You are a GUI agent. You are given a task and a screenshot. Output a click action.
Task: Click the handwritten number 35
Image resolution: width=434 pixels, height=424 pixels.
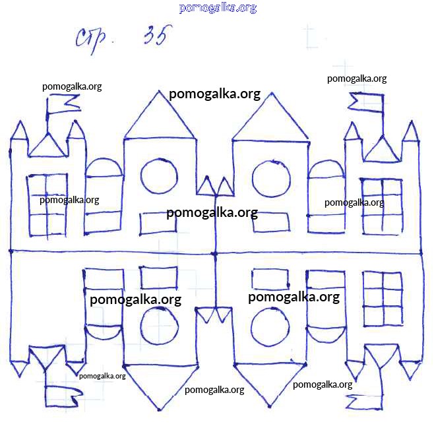pos(157,36)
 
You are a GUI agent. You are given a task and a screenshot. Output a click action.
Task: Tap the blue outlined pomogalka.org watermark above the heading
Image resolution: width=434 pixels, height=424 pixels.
pos(218,8)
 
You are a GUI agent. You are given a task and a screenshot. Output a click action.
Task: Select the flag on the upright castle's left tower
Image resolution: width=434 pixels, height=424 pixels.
pos(64,104)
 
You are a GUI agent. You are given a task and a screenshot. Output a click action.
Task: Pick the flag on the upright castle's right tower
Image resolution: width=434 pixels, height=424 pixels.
pos(366,102)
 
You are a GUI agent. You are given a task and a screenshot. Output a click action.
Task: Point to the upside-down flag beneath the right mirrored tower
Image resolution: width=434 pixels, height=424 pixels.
pos(365,402)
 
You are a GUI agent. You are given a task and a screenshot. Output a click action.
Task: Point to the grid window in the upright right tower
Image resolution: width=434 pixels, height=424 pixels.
pos(382,206)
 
